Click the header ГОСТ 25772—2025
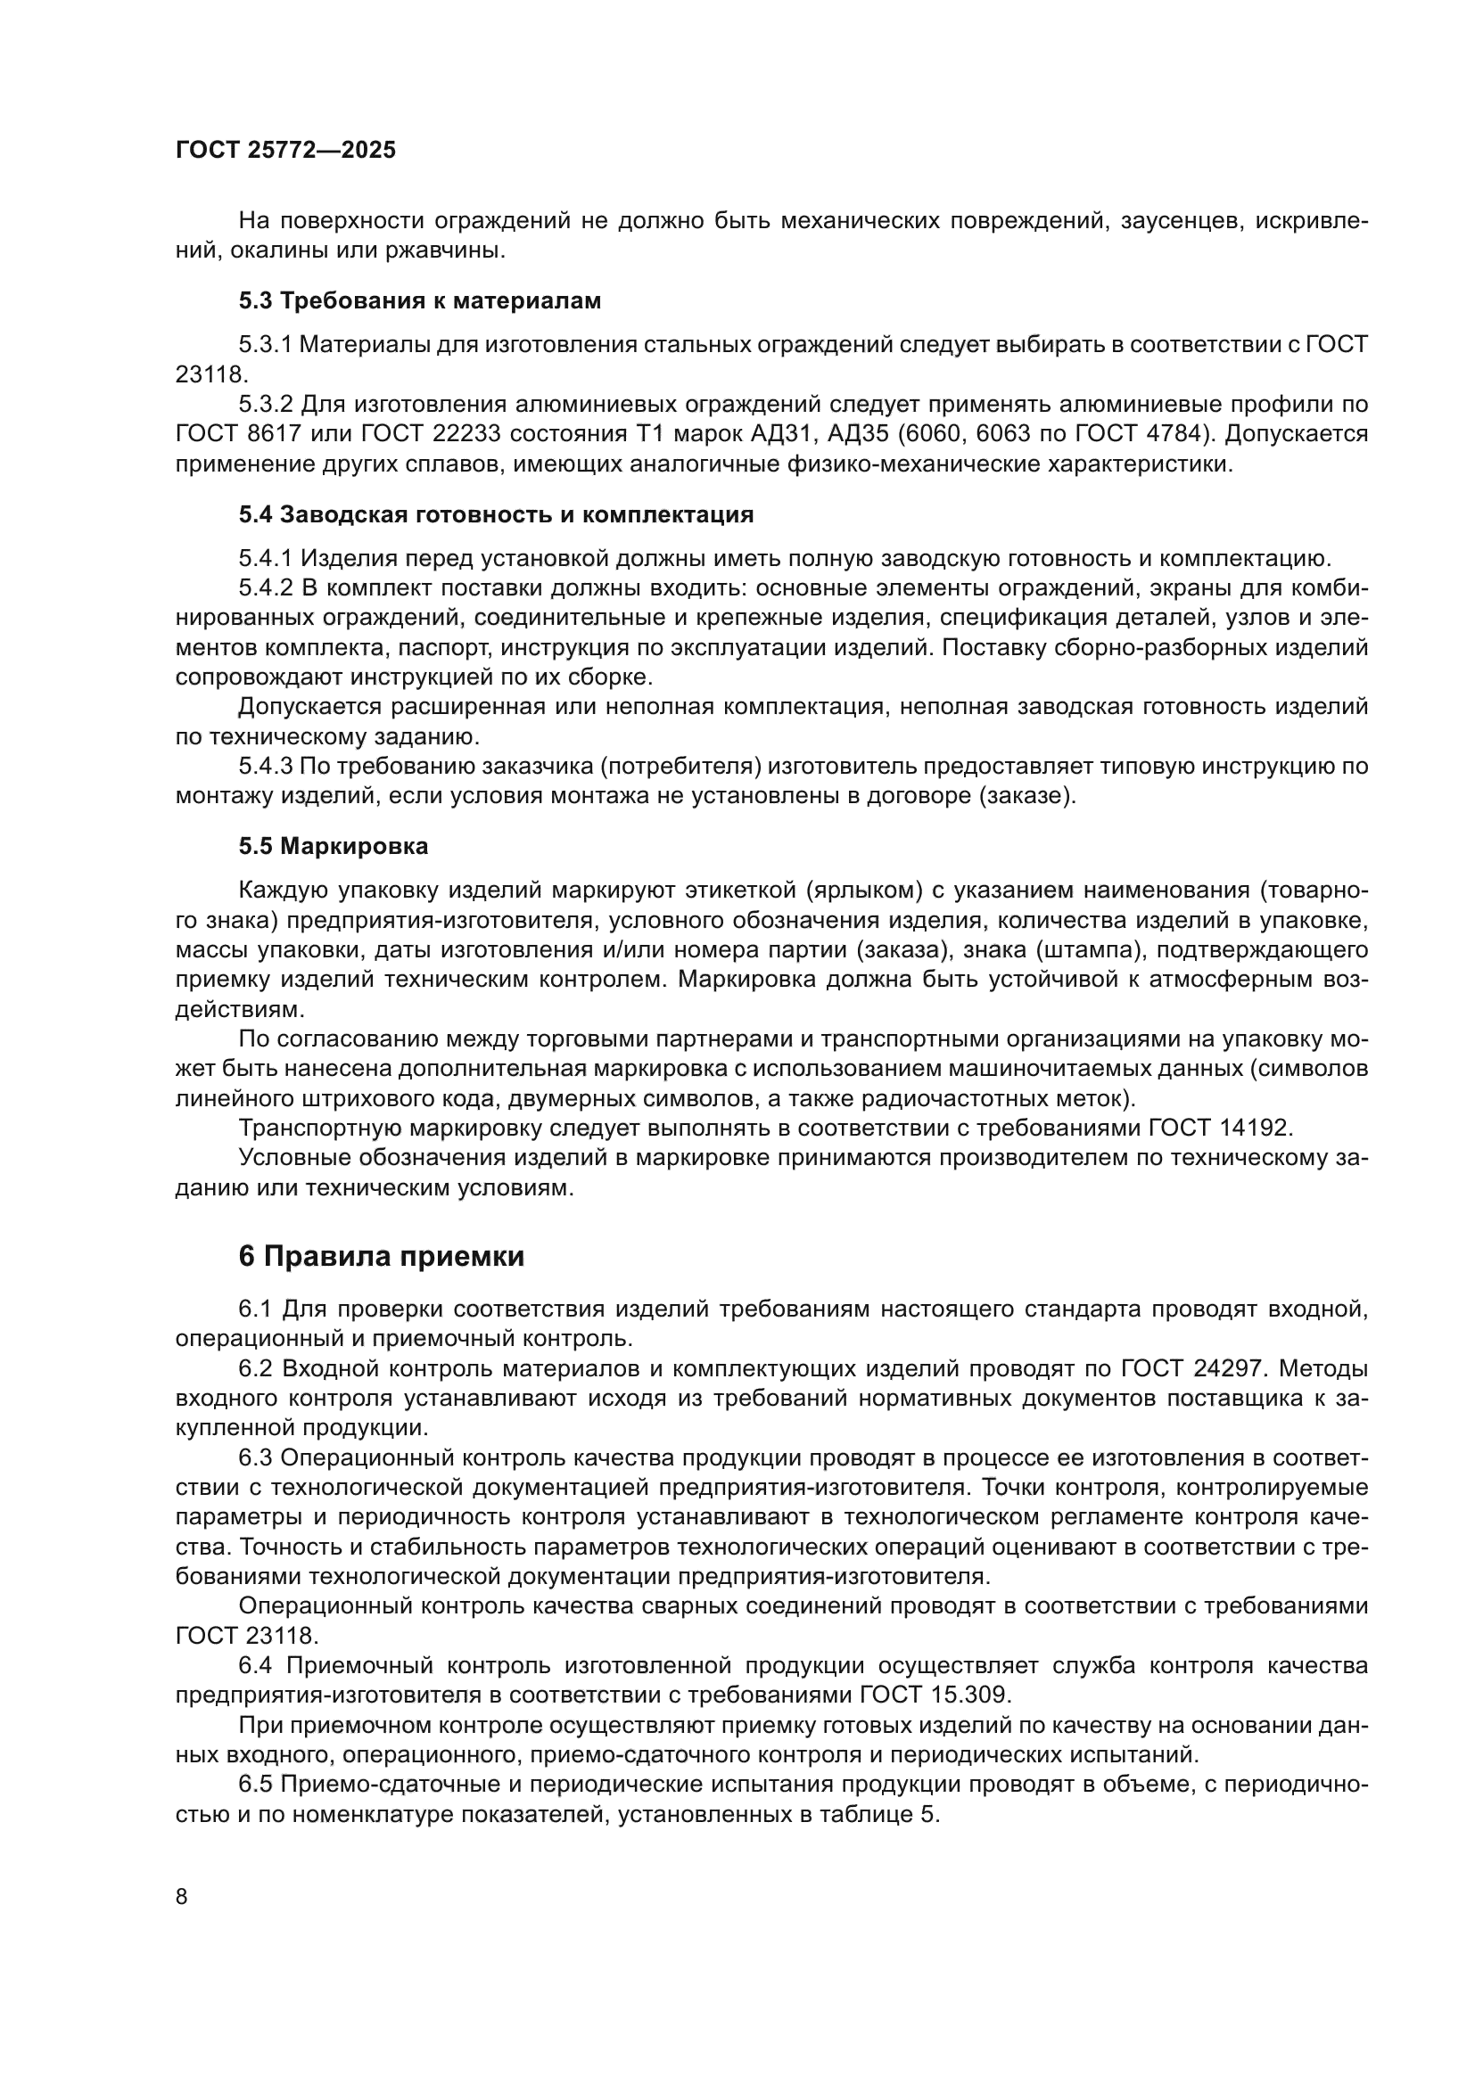click(x=285, y=151)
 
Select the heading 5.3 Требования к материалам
click(x=420, y=300)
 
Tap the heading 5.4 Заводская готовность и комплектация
click(x=496, y=515)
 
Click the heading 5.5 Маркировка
click(x=334, y=846)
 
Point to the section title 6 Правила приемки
click(x=382, y=1257)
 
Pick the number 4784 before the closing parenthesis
click(x=1173, y=434)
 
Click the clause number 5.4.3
click(x=265, y=767)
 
